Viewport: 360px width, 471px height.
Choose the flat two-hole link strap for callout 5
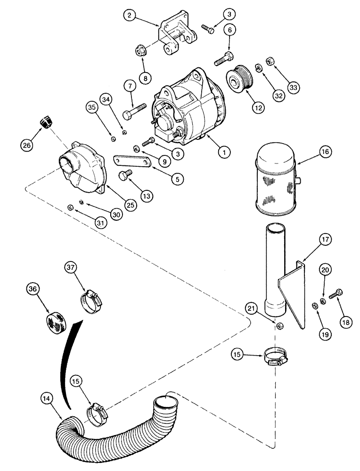[132, 162]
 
